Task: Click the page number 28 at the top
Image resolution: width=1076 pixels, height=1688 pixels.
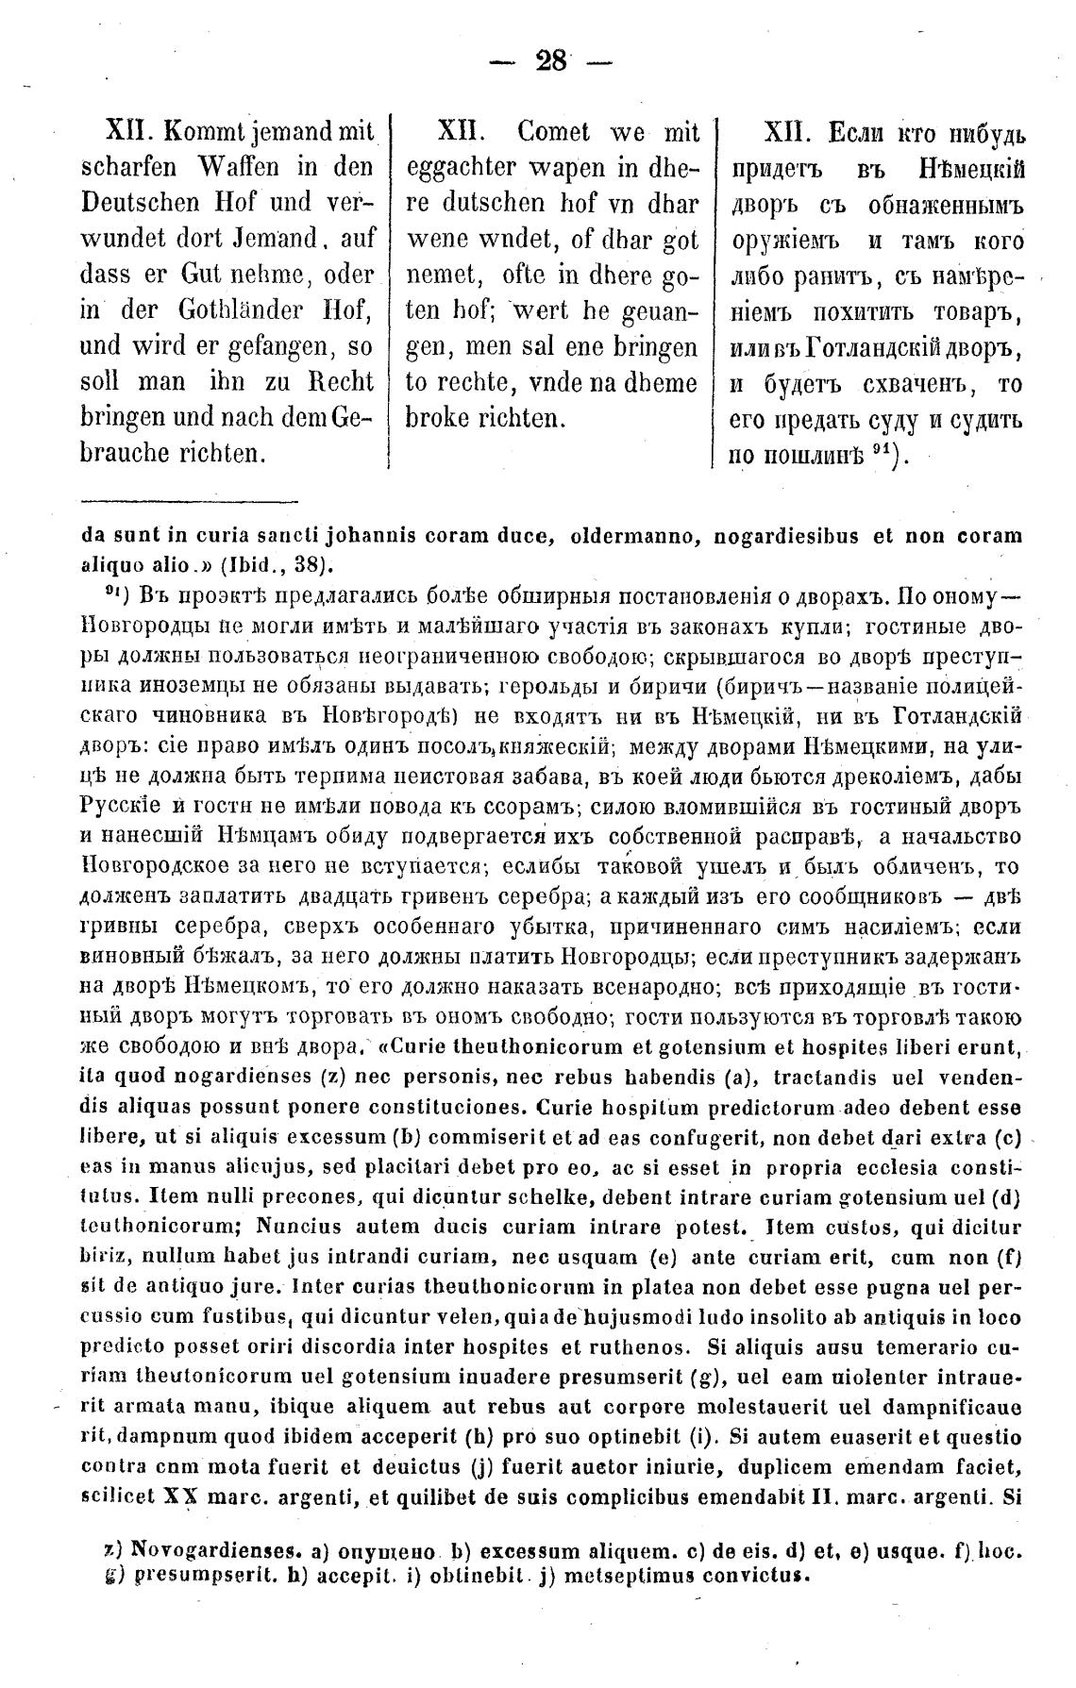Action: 551,62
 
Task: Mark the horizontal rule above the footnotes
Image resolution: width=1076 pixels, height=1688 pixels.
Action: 190,502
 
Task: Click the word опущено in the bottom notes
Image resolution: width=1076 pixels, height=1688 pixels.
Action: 392,1550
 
